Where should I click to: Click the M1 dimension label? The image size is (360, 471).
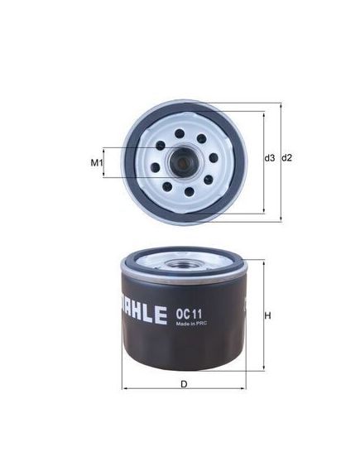pos(97,163)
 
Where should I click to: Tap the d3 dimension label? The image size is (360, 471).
pos(269,158)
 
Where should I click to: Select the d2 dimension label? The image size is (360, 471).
pos(286,158)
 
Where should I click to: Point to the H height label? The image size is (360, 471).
pos(267,315)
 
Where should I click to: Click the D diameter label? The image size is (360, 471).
pos(184,384)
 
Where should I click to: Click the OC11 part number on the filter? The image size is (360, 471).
pos(189,315)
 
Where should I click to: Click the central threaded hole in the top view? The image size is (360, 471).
pos(182,162)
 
